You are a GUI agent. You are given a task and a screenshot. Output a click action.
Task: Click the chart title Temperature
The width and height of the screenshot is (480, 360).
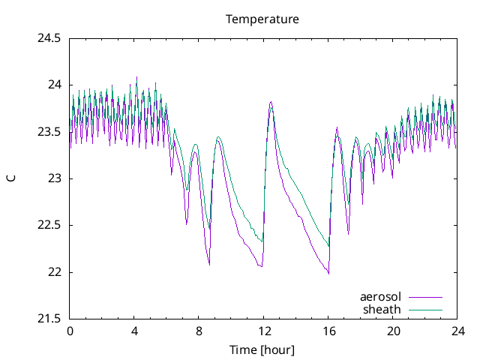tap(262, 19)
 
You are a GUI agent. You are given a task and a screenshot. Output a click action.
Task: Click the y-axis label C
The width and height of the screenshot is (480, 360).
tap(10, 178)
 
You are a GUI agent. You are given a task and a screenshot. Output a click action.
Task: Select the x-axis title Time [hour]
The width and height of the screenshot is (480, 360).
tap(262, 350)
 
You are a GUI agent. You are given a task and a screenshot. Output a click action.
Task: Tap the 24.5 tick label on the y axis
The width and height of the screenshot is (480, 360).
tap(49, 38)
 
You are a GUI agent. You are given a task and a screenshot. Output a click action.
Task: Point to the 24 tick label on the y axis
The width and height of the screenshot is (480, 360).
tap(55, 85)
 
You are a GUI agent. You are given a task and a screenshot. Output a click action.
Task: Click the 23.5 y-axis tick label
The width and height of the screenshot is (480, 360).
tap(49, 132)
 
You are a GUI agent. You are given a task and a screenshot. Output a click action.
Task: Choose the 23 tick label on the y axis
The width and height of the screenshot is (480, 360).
tap(55, 178)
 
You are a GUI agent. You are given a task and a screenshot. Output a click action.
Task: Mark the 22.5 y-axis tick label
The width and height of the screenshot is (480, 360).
tap(49, 225)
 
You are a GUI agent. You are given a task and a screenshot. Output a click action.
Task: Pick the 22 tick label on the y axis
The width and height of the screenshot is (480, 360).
tap(55, 272)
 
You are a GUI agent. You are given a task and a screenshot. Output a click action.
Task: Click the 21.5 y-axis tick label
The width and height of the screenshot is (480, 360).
tap(49, 319)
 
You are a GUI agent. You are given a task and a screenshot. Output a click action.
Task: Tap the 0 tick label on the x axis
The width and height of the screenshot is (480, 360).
tap(70, 331)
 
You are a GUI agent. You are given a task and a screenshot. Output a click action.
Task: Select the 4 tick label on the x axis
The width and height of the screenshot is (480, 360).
tap(134, 331)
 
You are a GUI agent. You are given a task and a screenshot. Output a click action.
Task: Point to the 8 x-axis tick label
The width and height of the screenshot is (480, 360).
tap(199, 331)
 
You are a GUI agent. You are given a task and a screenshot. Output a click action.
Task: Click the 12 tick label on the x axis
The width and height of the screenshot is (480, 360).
tap(263, 331)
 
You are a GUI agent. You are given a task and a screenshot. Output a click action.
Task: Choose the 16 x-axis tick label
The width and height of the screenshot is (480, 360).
tap(328, 331)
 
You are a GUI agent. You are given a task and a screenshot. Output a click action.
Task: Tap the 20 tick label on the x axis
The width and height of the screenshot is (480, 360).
tap(393, 331)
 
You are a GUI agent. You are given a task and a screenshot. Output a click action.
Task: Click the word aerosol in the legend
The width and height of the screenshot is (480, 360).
tap(380, 297)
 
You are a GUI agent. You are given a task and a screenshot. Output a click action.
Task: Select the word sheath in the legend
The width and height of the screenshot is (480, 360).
tap(382, 309)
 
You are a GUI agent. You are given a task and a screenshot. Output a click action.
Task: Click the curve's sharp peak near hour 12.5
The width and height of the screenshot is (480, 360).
tap(271, 102)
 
